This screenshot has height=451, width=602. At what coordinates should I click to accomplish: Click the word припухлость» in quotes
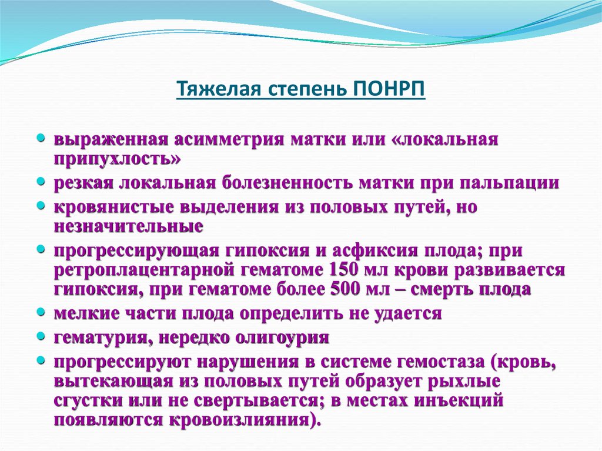(118, 159)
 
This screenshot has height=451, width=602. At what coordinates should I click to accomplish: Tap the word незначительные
(129, 225)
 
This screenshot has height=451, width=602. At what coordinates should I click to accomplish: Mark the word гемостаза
(437, 362)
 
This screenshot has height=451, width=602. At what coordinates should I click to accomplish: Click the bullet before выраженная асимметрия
(41, 139)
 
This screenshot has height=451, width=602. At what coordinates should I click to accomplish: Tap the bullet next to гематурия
(41, 336)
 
